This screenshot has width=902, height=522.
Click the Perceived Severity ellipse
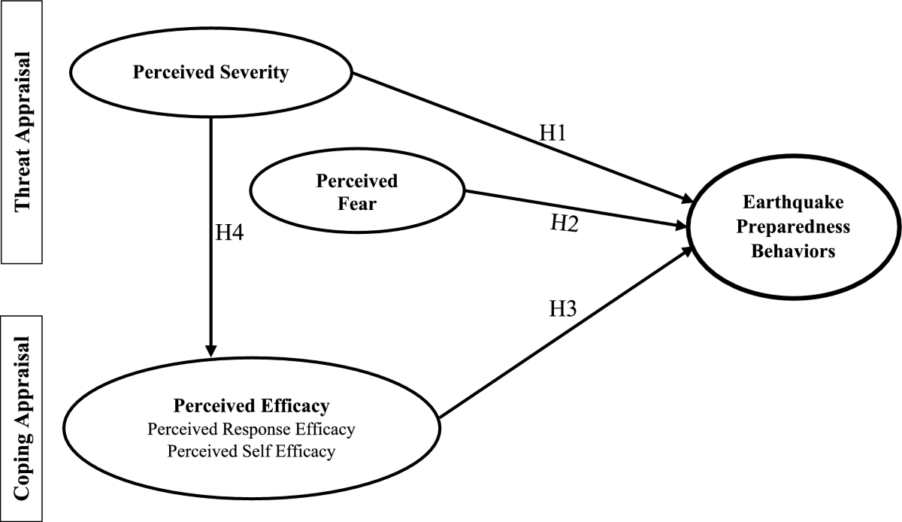click(x=210, y=74)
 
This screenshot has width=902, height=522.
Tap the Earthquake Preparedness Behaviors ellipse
click(x=793, y=226)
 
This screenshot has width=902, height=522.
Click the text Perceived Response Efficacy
click(x=251, y=429)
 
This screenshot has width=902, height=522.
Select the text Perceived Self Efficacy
click(x=251, y=451)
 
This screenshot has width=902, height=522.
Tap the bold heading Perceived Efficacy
click(x=251, y=407)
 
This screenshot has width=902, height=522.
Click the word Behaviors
click(x=793, y=251)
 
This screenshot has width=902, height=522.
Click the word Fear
click(x=357, y=202)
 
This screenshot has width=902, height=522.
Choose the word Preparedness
click(x=793, y=226)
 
